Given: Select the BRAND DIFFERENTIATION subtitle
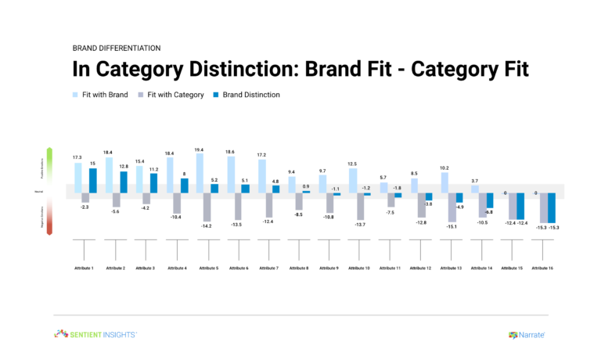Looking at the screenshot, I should click(115, 47).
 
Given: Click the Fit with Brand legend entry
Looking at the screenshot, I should click(99, 95).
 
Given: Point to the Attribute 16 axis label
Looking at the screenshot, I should click(543, 268).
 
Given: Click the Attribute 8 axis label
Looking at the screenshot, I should click(300, 268).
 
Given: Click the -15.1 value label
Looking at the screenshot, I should click(452, 227).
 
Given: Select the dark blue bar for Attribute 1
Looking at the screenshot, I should click(93, 180).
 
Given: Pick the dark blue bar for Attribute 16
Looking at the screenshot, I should click(551, 207).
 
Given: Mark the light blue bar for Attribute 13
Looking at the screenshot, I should click(445, 182).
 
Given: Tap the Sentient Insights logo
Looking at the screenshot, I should click(95, 334).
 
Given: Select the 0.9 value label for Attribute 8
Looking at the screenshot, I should click(306, 186).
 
